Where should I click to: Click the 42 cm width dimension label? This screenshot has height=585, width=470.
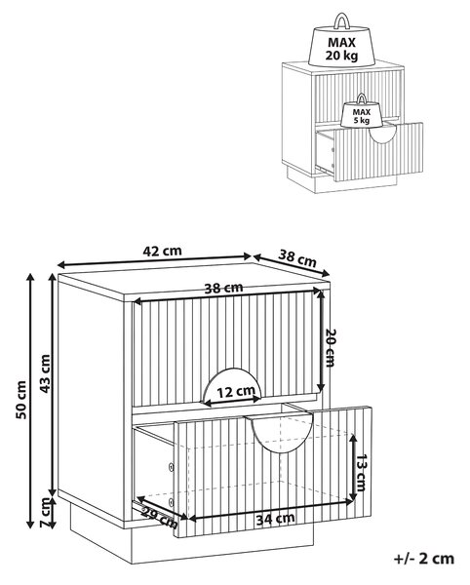[x=162, y=251]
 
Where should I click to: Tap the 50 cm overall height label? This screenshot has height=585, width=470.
[x=21, y=400]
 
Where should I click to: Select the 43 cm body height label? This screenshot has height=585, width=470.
[x=45, y=373]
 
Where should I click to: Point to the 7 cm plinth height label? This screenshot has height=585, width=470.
[x=45, y=512]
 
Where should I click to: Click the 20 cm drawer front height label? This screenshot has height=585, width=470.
[x=331, y=347]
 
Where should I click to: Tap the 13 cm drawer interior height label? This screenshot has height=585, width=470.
[x=361, y=472]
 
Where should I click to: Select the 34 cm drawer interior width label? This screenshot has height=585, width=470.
[x=275, y=519]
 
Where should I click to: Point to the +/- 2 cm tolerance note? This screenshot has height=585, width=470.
[x=424, y=559]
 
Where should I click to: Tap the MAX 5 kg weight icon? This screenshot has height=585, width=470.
[x=361, y=110]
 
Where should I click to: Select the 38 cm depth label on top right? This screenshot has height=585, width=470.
[x=297, y=257]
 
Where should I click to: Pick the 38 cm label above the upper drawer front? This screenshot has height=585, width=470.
[x=224, y=288]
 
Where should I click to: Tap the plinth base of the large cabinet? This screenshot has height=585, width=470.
[x=192, y=543]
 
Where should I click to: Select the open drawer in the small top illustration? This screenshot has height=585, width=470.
[x=370, y=151]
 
